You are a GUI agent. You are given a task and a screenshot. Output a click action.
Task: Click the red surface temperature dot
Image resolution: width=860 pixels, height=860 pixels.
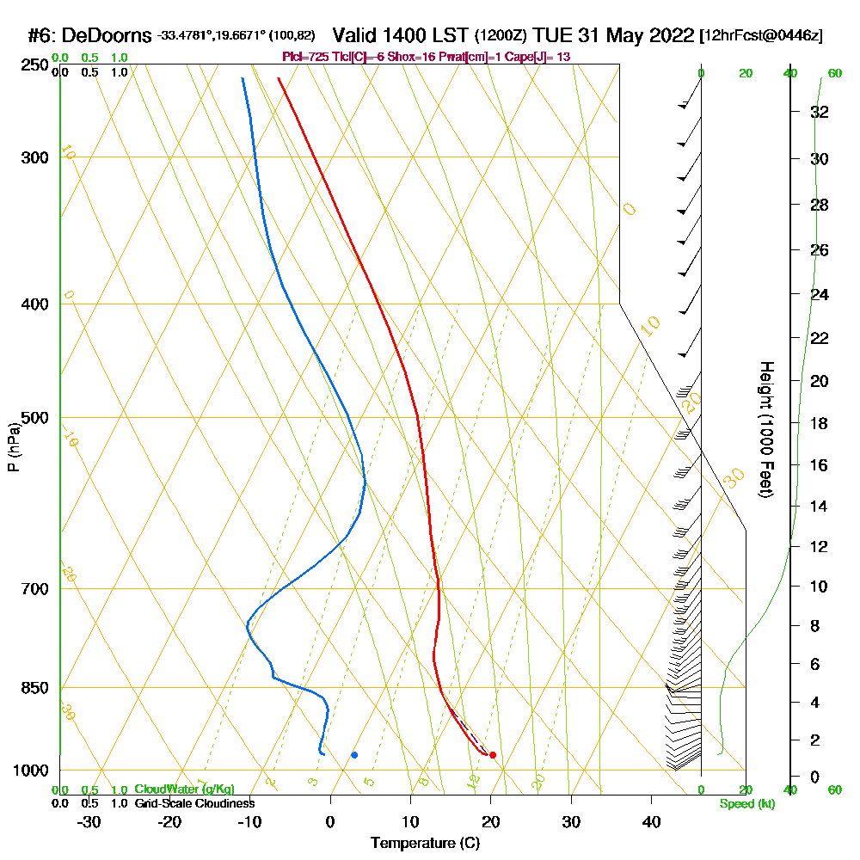(493, 755)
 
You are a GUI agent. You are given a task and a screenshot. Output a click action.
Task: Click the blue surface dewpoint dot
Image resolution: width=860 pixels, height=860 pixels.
(354, 755)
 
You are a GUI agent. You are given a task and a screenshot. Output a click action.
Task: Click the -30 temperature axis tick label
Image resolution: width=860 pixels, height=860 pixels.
(89, 821)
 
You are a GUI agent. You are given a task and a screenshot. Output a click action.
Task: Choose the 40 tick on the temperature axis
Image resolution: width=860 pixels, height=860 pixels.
(651, 821)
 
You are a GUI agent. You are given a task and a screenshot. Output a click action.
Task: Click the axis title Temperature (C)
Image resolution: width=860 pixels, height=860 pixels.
(425, 844)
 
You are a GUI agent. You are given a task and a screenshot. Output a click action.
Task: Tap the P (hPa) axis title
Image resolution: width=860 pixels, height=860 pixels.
(13, 446)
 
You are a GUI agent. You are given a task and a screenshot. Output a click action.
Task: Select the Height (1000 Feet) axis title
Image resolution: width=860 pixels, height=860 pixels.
(765, 428)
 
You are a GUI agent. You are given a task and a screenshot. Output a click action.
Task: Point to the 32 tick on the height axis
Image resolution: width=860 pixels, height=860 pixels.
(820, 112)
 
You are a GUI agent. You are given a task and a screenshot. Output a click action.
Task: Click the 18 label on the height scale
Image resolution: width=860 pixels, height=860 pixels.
(820, 423)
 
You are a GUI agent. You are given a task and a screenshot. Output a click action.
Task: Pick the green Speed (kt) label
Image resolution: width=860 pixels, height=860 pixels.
(745, 803)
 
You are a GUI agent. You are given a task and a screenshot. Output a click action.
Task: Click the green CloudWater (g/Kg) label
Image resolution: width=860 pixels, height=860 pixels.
(184, 789)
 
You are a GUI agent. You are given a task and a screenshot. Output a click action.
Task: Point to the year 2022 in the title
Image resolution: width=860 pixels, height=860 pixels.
(669, 35)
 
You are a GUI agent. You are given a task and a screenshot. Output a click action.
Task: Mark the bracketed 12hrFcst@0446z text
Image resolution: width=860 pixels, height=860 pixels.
(762, 35)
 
